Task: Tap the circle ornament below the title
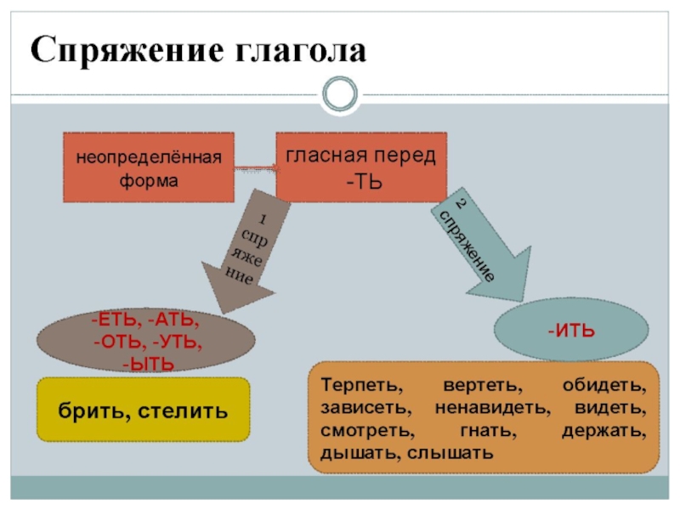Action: tap(340, 93)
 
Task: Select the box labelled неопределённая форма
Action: tap(149, 167)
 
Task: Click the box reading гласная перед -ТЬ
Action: tap(360, 167)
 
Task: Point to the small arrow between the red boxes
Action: tap(254, 167)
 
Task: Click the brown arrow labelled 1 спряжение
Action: tap(241, 251)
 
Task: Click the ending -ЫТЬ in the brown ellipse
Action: tap(148, 365)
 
